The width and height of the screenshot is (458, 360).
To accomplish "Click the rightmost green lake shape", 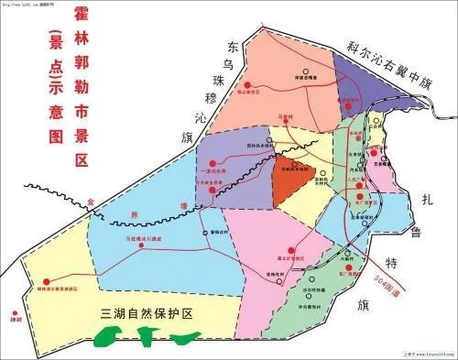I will (x=190, y=339).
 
